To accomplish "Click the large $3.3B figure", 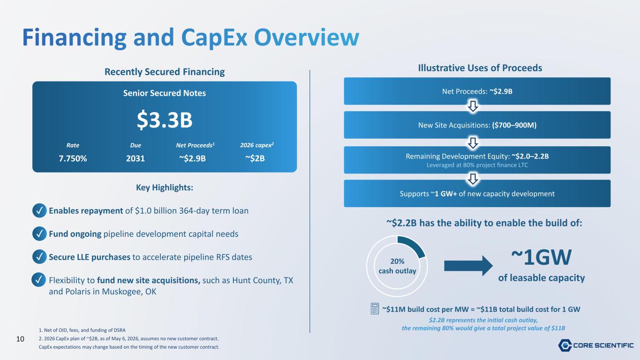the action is [165, 120].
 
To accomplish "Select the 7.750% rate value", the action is [73, 158].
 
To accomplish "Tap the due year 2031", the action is [136, 158].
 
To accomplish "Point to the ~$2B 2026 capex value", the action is [255, 158].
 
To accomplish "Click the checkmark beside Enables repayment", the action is [39, 210].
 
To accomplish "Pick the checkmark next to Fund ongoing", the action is [39, 234].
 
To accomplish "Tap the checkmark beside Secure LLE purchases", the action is [39, 257].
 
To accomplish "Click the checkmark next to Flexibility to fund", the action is [38, 280].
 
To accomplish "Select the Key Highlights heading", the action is [165, 187].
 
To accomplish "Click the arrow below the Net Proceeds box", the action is [473, 106].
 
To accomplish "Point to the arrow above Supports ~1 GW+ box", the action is [473, 179].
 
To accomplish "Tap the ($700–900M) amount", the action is [514, 125].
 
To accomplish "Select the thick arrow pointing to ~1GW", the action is [468, 266].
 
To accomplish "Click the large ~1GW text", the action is [542, 257].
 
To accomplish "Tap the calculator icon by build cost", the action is [375, 309].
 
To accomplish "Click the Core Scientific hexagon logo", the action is [565, 345].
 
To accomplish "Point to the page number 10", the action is [20, 339].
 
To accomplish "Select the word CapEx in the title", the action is [214, 37].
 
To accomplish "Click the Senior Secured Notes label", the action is [165, 93].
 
